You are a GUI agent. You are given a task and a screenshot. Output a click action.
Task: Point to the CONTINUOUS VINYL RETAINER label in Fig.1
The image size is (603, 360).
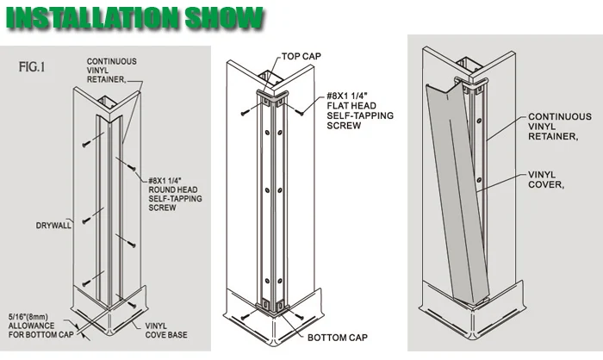108,68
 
